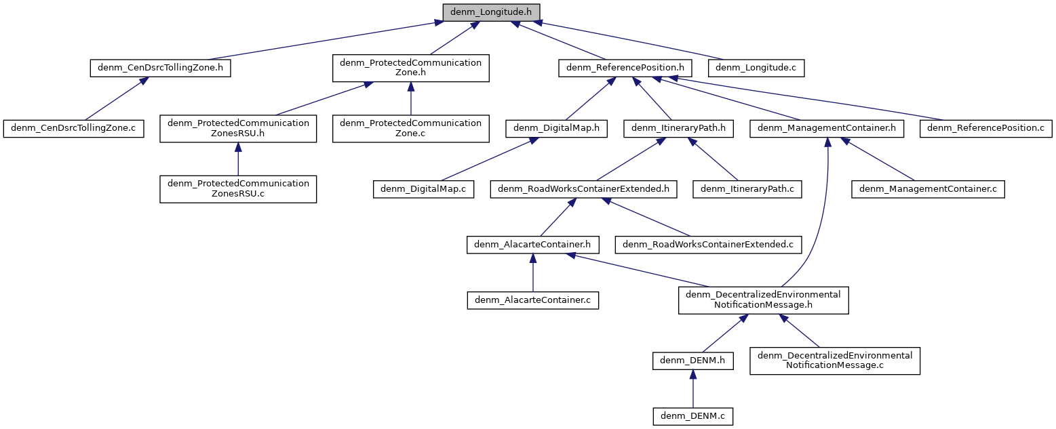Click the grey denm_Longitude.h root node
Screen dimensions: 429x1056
(x=492, y=12)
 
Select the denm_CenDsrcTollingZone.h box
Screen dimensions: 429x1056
(x=160, y=68)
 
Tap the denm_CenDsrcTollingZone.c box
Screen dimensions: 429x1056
(x=73, y=128)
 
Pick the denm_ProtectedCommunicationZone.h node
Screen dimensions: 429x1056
(x=410, y=68)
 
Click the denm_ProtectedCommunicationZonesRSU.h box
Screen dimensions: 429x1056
(x=238, y=128)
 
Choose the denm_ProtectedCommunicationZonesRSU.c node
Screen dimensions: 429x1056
(x=238, y=189)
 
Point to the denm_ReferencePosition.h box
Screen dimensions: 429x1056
(x=625, y=68)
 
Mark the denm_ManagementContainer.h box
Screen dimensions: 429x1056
(x=827, y=128)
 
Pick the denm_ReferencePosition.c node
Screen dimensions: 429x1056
(x=985, y=128)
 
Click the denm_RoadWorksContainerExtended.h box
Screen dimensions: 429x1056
(x=584, y=189)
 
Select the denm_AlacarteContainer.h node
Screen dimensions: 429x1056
(x=532, y=244)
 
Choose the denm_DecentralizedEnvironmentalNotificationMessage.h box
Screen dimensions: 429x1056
(x=764, y=300)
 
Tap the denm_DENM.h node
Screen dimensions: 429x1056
(x=692, y=361)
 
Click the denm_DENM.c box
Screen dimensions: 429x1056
(x=692, y=415)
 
